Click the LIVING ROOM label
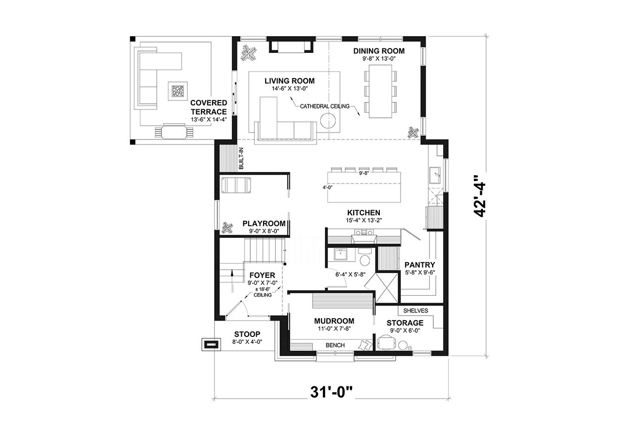pyautogui.click(x=289, y=81)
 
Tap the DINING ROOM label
pyautogui.click(x=379, y=51)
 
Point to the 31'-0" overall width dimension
pyautogui.click(x=331, y=392)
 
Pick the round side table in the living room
pyautogui.click(x=328, y=121)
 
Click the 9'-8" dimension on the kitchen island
pyautogui.click(x=365, y=174)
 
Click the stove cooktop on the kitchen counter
pyautogui.click(x=365, y=232)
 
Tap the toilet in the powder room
pyautogui.click(x=365, y=260)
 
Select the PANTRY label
pyautogui.click(x=419, y=265)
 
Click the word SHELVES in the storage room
pyautogui.click(x=415, y=311)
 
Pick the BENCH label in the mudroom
pyautogui.click(x=335, y=345)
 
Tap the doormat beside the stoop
pyautogui.click(x=211, y=345)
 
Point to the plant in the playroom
pyautogui.click(x=227, y=228)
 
